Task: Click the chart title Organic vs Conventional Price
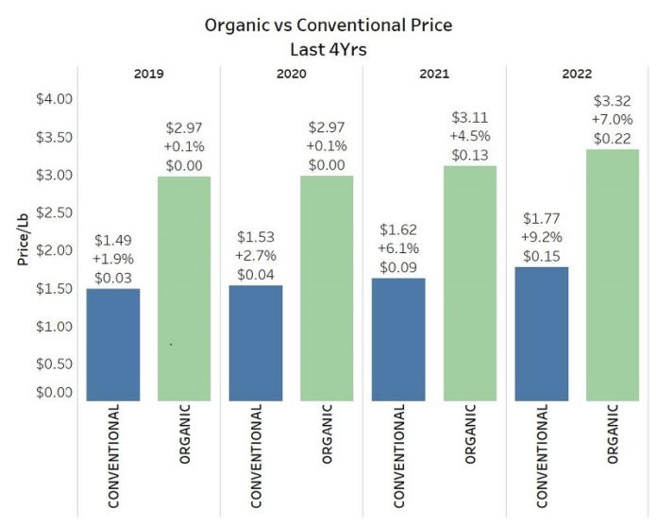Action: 328,25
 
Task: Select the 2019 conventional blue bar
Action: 113,344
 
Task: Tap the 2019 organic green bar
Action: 184,288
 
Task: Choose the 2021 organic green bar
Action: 470,282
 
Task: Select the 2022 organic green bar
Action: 613,274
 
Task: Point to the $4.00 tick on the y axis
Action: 55,99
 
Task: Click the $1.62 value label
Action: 398,229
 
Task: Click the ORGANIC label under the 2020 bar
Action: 328,435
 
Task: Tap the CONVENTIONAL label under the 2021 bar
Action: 398,456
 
